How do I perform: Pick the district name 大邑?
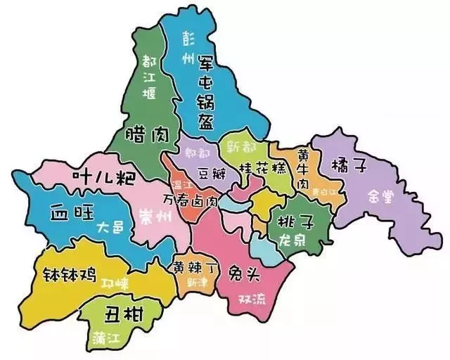pos(109,228)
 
